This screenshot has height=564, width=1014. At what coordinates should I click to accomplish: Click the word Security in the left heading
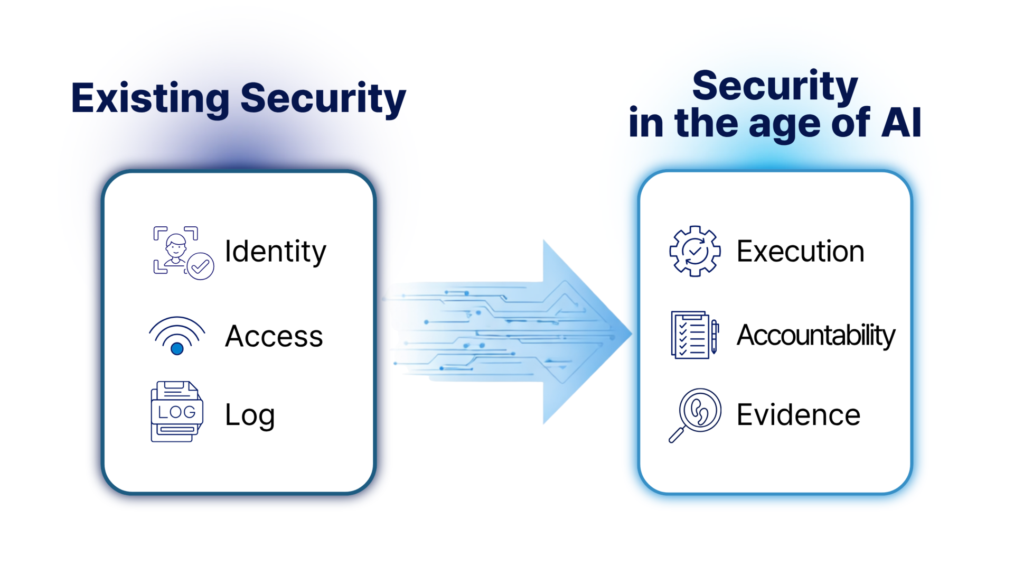[x=323, y=98]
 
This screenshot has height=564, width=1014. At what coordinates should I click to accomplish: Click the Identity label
[x=275, y=252]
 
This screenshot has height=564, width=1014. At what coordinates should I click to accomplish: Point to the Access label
[x=274, y=336]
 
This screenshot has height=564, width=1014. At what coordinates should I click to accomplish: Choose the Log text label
[x=249, y=415]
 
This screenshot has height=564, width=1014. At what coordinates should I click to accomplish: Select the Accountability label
[x=815, y=335]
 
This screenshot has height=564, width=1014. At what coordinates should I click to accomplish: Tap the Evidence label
[x=798, y=415]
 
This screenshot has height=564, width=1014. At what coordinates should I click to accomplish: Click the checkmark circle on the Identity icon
[x=200, y=266]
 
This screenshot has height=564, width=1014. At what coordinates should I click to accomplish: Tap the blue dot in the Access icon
[x=177, y=348]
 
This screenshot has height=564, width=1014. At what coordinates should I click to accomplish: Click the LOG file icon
[x=176, y=412]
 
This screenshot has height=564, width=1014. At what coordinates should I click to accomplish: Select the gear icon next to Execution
[x=694, y=251]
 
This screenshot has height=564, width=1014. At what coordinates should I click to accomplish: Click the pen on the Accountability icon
[x=715, y=336]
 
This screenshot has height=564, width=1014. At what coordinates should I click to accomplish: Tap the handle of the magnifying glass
[x=676, y=435]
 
